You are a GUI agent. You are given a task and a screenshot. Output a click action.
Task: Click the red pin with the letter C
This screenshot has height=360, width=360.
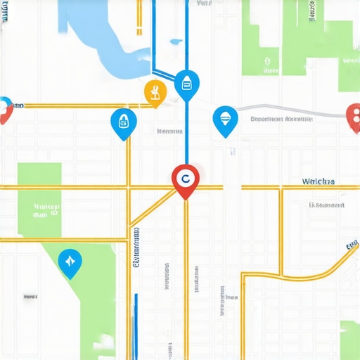185,179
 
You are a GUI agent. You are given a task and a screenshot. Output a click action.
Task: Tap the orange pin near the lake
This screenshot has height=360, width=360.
155,91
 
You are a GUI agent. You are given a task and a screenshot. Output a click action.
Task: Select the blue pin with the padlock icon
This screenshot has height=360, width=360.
124,122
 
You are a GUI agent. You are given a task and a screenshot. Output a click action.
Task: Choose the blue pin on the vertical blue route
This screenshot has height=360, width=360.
186,84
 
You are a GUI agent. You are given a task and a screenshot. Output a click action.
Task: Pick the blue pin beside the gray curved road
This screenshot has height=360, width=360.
225,119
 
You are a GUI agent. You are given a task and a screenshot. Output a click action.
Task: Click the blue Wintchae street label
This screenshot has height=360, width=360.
318,181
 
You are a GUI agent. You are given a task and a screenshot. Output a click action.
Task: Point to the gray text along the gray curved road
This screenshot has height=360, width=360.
281,120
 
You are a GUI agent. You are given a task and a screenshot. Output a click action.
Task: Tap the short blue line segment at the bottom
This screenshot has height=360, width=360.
136,323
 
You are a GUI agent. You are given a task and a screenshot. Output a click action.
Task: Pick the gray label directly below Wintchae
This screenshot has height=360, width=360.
326,205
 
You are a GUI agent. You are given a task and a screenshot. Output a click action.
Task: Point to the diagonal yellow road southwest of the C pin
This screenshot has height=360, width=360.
151,207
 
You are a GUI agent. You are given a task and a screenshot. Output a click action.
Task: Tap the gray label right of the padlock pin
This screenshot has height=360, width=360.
169,131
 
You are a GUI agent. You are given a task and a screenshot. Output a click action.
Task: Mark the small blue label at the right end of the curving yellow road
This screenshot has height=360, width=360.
352,245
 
